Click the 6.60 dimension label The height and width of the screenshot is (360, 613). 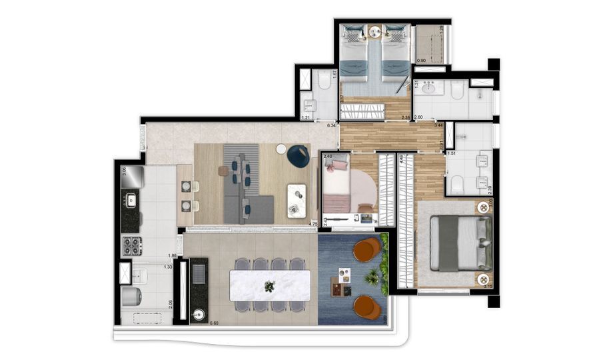point(214,323)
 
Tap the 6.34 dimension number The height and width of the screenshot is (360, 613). point(330,125)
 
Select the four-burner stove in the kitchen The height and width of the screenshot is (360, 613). point(131,246)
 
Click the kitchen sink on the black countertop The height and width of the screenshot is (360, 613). point(131,199)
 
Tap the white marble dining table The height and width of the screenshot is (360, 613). point(271,285)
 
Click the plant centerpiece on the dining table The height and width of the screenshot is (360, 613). point(269,287)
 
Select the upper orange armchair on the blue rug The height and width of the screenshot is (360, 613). point(366,250)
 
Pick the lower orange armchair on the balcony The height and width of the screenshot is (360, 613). point(367,307)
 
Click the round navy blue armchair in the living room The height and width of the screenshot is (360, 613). point(299,155)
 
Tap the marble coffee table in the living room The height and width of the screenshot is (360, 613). point(297,200)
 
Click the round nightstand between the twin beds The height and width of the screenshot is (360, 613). point(376,31)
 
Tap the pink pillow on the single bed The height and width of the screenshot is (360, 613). point(338,165)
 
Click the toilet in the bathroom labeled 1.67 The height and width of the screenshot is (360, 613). point(322,82)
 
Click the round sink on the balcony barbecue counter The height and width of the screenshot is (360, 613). point(197,315)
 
